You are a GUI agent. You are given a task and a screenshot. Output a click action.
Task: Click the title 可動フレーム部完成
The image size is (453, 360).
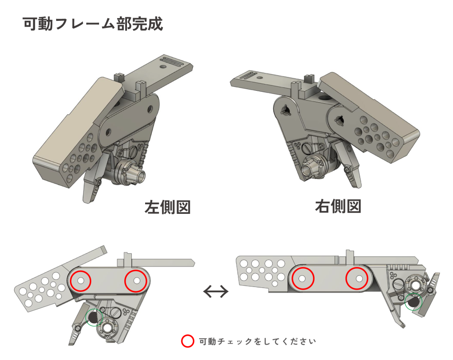pyautogui.click(x=93, y=24)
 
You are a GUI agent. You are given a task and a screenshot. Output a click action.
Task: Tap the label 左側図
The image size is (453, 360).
pyautogui.click(x=168, y=207)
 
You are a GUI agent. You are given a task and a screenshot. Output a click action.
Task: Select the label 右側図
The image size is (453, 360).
pyautogui.click(x=338, y=206)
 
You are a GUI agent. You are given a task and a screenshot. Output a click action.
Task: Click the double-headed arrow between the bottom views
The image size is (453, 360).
pyautogui.click(x=216, y=291)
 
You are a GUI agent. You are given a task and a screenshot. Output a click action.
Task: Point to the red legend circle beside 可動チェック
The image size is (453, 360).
pyautogui.click(x=188, y=341)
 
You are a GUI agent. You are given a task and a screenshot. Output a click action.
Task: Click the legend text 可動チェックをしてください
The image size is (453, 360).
pyautogui.click(x=257, y=341)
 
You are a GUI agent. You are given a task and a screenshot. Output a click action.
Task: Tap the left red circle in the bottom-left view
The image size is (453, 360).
pyautogui.click(x=81, y=281)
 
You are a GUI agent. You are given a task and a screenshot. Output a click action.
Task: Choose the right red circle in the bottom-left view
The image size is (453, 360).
pyautogui.click(x=136, y=280)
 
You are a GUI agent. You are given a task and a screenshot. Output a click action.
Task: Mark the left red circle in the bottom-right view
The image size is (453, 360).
pyautogui.click(x=303, y=279)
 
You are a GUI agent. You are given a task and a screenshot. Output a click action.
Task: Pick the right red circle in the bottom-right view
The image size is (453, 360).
pyautogui.click(x=357, y=279)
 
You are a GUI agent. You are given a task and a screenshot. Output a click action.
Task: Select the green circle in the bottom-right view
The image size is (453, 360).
pyautogui.click(x=414, y=302)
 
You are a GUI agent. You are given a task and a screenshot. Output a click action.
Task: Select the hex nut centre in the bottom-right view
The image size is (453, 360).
pyautogui.click(x=416, y=285)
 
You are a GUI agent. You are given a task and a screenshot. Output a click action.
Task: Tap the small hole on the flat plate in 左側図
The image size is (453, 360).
pyautogui.click(x=163, y=66)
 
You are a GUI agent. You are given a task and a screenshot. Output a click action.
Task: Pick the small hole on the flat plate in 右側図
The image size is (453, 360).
pyautogui.click(x=261, y=77)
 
